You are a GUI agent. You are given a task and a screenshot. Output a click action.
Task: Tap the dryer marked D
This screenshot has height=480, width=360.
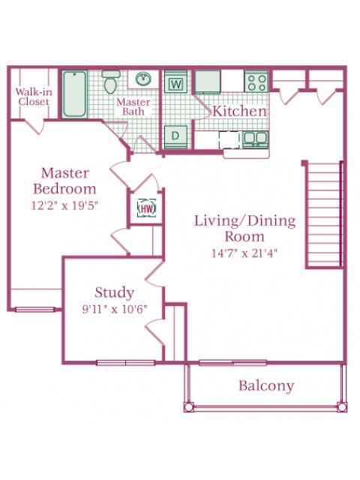coord(177,136)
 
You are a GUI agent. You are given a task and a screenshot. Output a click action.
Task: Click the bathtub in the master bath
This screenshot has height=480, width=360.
coord(74,94)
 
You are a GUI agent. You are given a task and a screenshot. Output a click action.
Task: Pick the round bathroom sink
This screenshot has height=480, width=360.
coord(142,79)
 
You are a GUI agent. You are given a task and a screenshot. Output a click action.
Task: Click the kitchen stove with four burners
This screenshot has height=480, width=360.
coord(256,81)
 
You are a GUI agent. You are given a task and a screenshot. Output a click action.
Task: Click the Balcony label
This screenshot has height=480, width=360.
coord(266,386)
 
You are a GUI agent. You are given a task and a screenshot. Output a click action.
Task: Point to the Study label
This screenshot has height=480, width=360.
coord(114,292)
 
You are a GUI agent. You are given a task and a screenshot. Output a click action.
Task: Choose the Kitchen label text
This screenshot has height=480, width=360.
coord(239,111)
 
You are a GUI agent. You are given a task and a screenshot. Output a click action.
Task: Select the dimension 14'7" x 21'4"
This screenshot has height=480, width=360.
coord(244,253)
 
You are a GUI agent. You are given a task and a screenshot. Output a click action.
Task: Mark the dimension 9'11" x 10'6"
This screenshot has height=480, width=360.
coord(114,308)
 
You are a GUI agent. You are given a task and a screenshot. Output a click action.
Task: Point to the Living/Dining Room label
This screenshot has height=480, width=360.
coord(244,228)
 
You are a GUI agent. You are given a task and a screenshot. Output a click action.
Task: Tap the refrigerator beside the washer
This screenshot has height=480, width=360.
coord(207,81)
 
